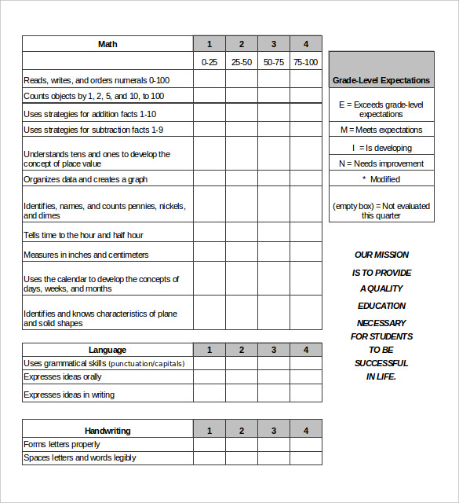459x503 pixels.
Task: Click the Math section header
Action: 107,44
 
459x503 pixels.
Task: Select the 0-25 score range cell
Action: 209,61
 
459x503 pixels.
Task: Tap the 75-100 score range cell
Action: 306,61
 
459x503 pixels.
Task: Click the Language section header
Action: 107,350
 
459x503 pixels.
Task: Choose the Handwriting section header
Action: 107,431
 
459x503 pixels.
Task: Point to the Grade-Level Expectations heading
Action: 381,80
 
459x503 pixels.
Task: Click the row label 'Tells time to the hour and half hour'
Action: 83,235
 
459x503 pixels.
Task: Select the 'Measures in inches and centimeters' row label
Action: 86,255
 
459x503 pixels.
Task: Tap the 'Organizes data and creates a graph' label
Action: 86,179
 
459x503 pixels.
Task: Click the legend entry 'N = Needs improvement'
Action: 381,163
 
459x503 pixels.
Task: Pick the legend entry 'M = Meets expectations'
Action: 381,130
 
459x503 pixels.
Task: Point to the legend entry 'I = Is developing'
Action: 381,148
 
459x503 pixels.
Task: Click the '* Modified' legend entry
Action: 381,179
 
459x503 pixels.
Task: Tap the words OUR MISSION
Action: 381,255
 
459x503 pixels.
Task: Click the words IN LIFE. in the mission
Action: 381,376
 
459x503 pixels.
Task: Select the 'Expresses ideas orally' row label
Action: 63,376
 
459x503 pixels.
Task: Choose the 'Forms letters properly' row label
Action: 62,444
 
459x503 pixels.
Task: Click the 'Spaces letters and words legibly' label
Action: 79,457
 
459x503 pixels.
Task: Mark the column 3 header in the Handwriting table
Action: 274,431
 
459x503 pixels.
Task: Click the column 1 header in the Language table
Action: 209,350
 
